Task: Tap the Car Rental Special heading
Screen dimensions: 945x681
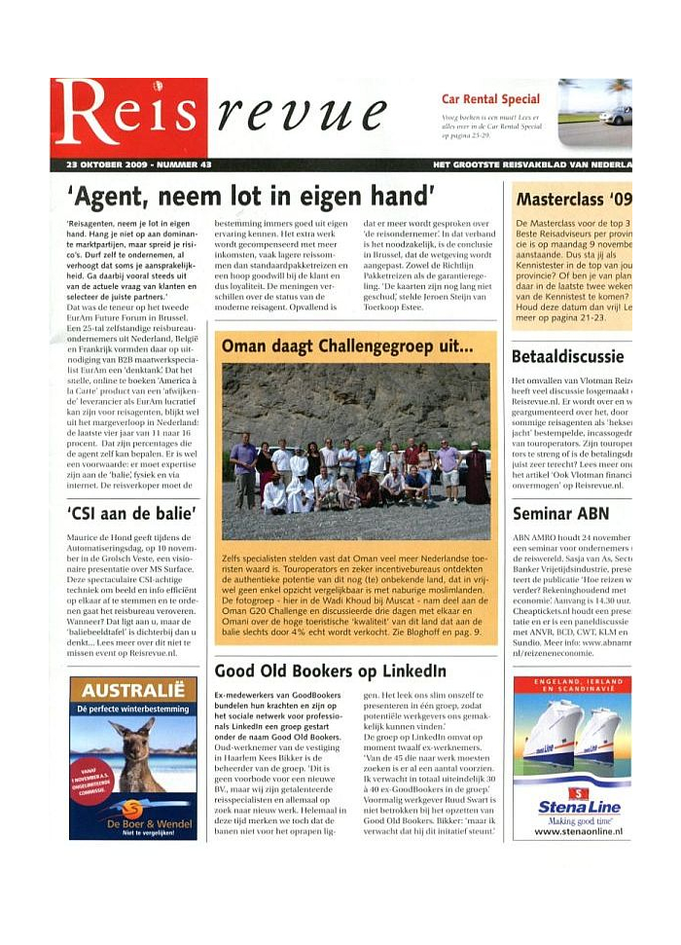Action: [490, 99]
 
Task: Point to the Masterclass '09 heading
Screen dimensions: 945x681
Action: [573, 200]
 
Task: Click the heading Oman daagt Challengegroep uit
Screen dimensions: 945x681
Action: [347, 346]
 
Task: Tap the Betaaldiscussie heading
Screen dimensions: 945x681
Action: [569, 357]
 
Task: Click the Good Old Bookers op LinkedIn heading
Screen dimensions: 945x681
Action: [330, 671]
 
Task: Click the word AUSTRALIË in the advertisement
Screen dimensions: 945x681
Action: [133, 692]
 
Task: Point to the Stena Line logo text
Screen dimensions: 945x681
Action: [572, 807]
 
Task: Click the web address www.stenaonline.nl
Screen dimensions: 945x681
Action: [572, 833]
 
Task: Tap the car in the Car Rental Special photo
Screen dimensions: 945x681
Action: [615, 116]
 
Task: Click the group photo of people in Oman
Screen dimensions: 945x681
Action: [356, 450]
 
